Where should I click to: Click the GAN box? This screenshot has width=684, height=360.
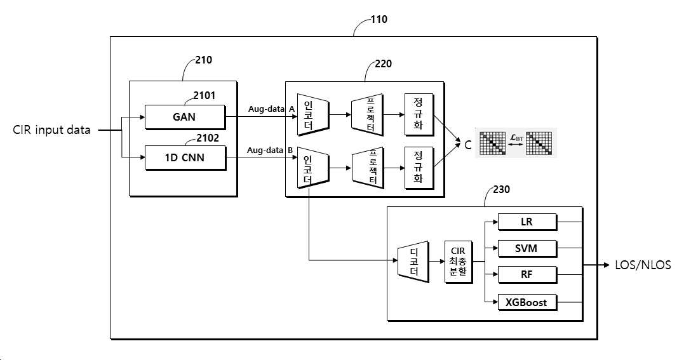pos(185,117)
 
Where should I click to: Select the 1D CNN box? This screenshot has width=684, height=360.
pos(185,157)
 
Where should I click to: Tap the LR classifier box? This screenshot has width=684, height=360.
pos(527,222)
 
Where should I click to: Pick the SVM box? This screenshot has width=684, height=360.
pos(527,248)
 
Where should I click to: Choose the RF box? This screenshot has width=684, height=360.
pos(527,274)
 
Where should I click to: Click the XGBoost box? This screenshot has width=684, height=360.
pos(527,302)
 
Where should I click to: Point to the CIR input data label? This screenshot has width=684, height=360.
pos(51,130)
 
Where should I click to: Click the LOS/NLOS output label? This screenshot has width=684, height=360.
pos(643,265)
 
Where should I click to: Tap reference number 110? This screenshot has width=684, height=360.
pos(379,19)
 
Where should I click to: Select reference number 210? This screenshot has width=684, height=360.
pos(203,60)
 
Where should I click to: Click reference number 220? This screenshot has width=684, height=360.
pos(383,63)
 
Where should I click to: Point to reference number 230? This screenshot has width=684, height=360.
pos(501,189)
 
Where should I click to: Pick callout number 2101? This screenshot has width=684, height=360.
pos(204,96)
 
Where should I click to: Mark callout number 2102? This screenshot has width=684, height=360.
pos(208,138)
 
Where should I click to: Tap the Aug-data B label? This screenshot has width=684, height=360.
pos(270,150)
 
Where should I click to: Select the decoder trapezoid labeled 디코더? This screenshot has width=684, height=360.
pos(413,262)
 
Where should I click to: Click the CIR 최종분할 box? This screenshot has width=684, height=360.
pos(458,262)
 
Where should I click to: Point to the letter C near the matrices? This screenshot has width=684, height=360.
pos(468,145)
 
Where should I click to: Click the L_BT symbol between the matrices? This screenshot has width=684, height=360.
pos(517,138)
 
